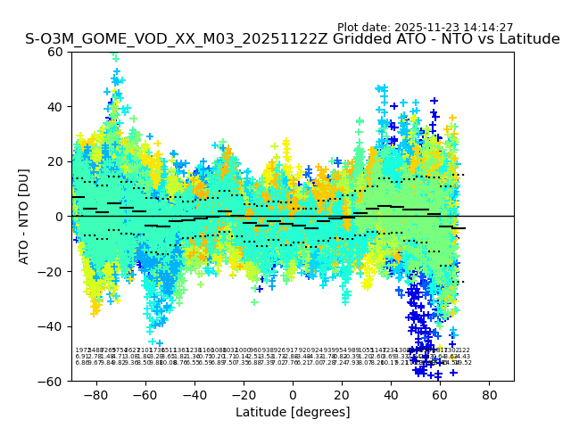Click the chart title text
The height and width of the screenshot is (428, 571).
[x=293, y=39]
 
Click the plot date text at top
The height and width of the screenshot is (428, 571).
[x=425, y=28]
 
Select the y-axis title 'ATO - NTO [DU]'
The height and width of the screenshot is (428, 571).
[x=25, y=216]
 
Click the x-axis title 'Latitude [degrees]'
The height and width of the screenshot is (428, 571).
[x=293, y=412]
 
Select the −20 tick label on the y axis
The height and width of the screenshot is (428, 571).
[x=54, y=271]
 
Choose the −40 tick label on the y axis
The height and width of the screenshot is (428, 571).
[x=54, y=326]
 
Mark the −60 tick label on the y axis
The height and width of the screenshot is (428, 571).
[x=54, y=381]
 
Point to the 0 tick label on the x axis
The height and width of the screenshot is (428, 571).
[x=293, y=394]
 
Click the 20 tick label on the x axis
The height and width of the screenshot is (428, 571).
[x=342, y=394]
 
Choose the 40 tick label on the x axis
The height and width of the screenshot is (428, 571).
[x=391, y=394]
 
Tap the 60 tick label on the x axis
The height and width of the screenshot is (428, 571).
[x=440, y=394]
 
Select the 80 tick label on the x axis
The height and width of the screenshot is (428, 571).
[x=490, y=394]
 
